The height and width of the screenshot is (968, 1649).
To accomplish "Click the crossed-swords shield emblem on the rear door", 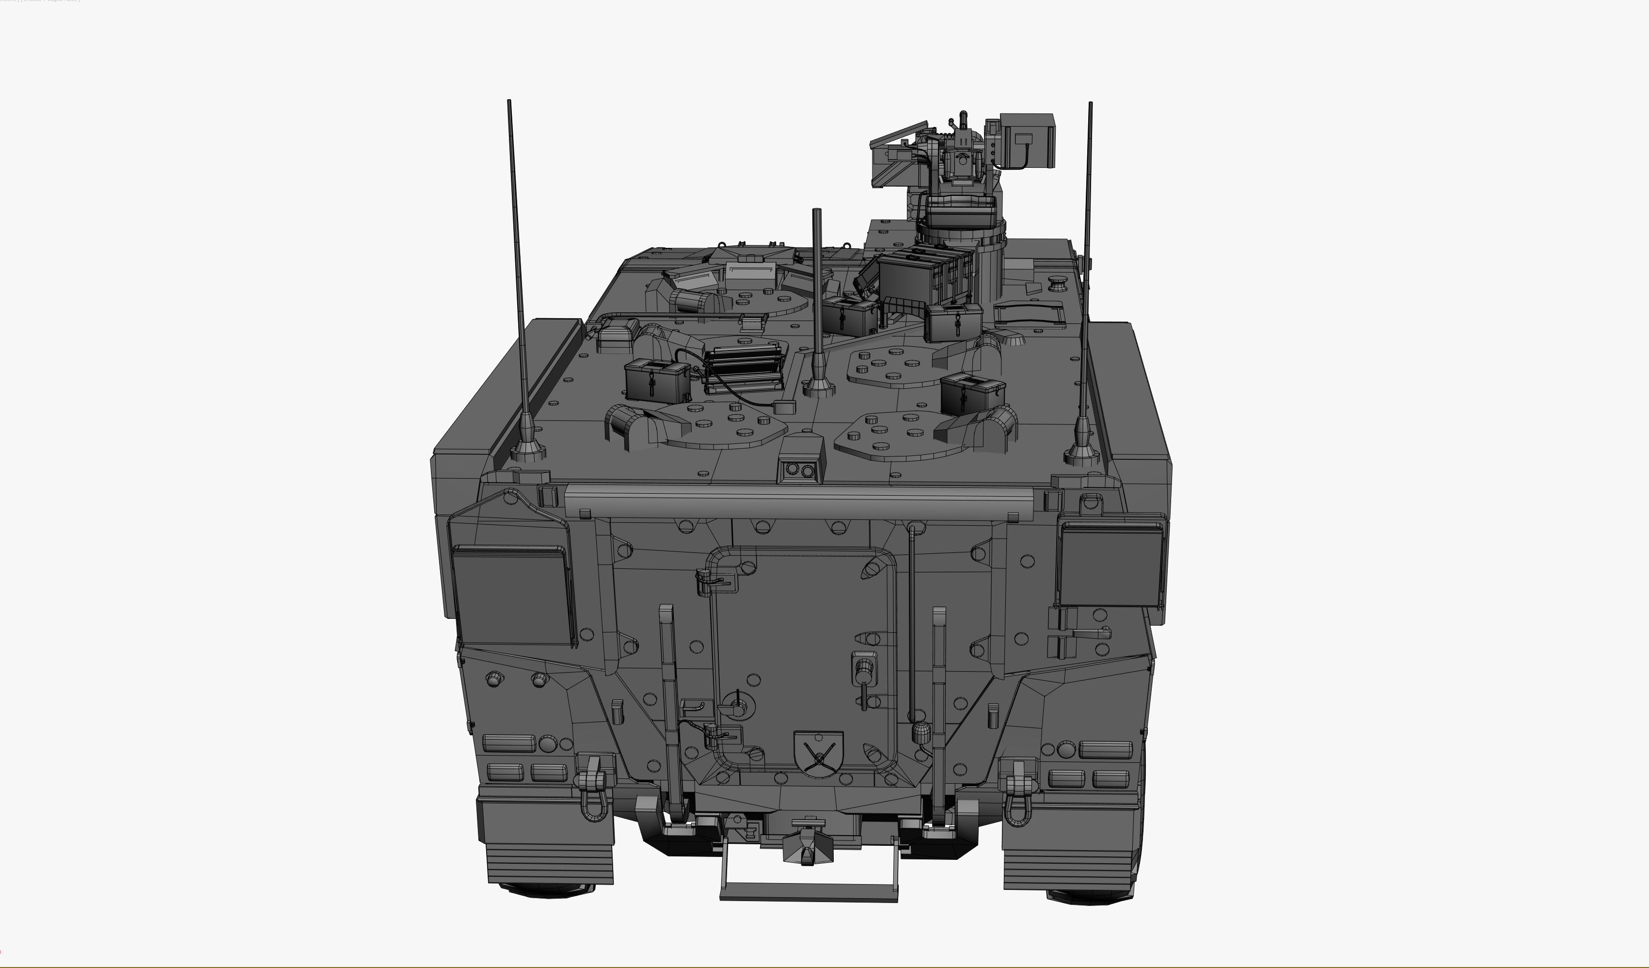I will coord(818,753).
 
